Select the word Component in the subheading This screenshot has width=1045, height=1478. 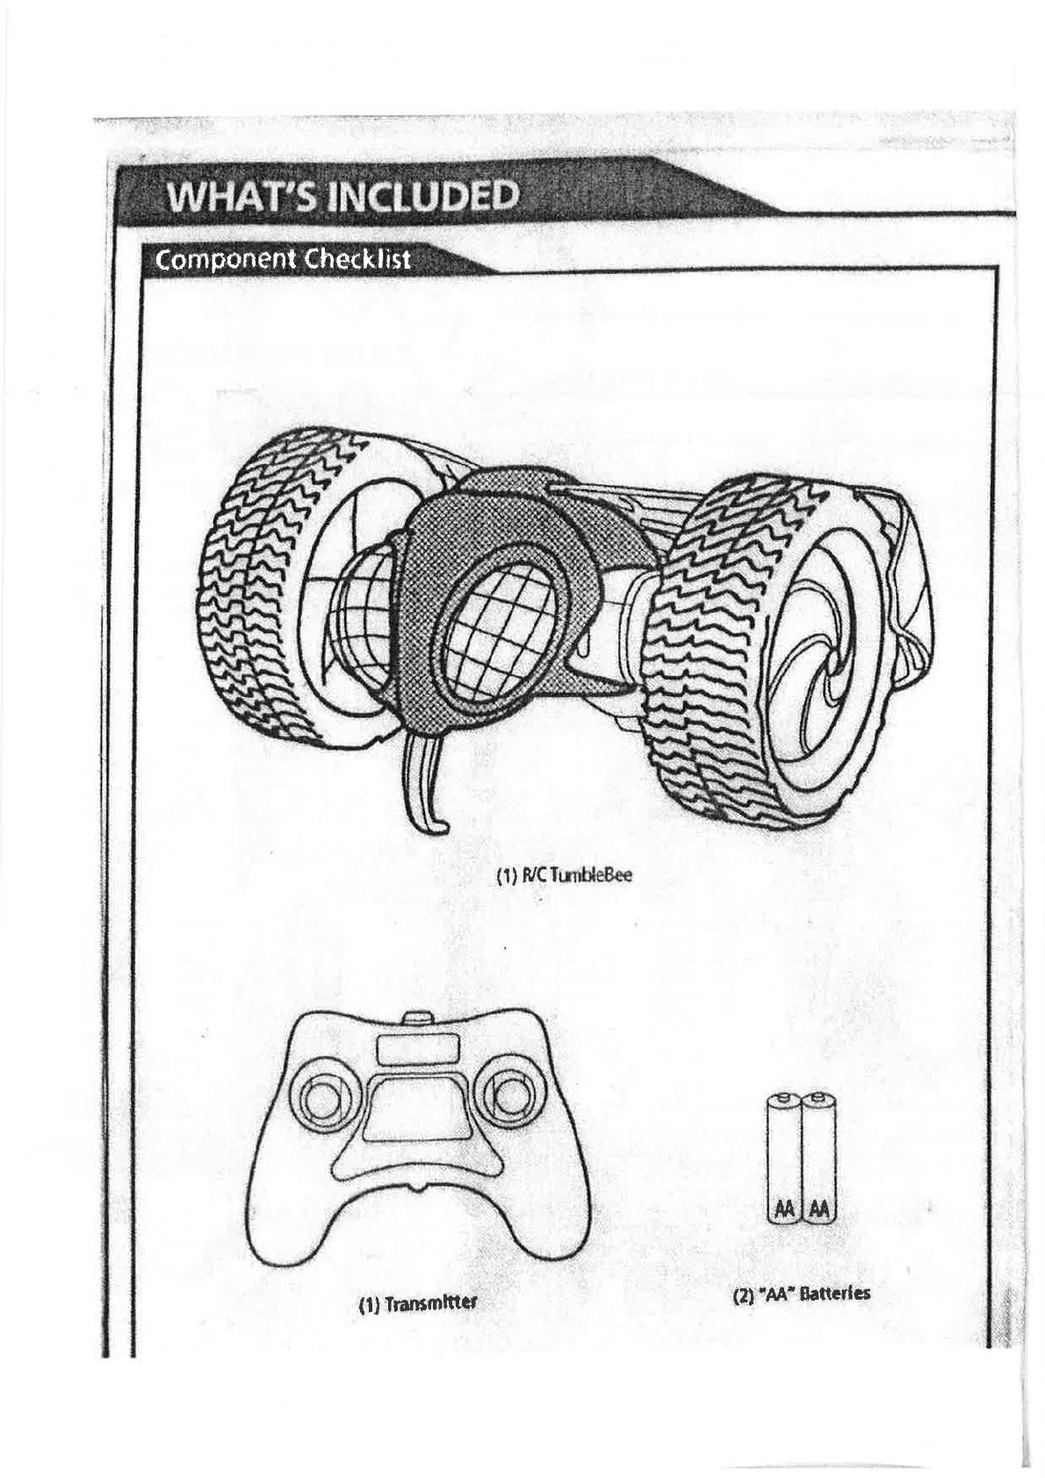coord(220,260)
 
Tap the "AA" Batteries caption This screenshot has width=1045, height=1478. coord(802,1294)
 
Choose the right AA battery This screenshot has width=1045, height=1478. coord(818,1159)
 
